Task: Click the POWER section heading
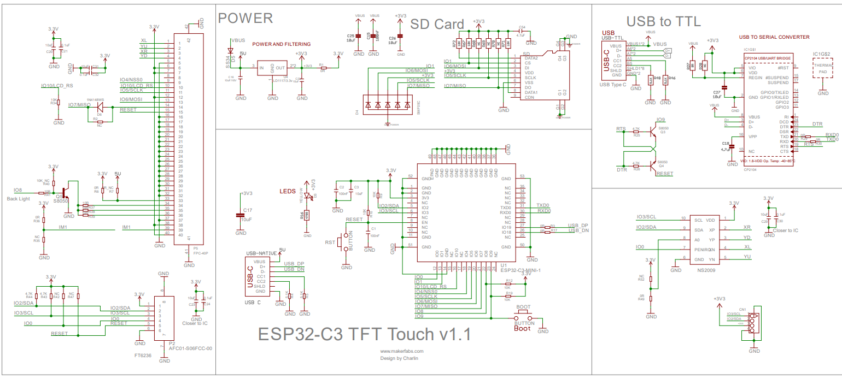pyautogui.click(x=245, y=18)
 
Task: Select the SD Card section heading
pyautogui.click(x=437, y=24)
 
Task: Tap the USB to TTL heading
pyautogui.click(x=664, y=21)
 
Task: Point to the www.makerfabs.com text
pyautogui.click(x=402, y=351)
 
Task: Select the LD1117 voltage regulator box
pyautogui.click(x=273, y=68)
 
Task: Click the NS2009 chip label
pyautogui.click(x=707, y=270)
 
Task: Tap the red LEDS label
pyautogui.click(x=287, y=192)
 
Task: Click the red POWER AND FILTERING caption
pyautogui.click(x=281, y=44)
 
